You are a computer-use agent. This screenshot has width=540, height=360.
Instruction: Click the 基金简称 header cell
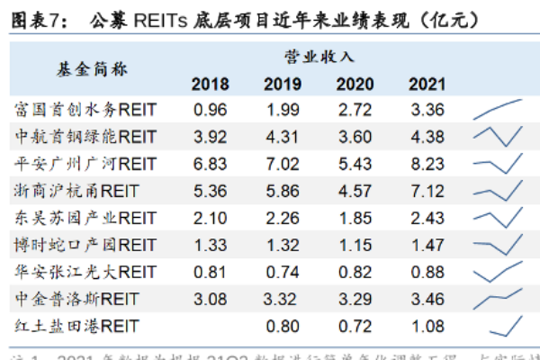coord(85,69)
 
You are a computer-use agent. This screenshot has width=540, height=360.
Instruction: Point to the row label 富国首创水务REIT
coord(86,110)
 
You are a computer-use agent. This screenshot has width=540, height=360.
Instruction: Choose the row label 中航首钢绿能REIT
coord(86,137)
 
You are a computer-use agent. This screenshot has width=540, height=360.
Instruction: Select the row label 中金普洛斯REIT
coord(80,297)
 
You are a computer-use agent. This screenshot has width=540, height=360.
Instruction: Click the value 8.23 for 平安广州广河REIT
coord(427,164)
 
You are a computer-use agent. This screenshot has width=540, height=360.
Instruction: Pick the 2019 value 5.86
coord(282,191)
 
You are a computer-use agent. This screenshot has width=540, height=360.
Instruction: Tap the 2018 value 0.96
coord(210,110)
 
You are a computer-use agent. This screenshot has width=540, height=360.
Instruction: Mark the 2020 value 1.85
coord(355,218)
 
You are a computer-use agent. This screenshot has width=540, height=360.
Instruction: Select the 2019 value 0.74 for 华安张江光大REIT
coord(282,271)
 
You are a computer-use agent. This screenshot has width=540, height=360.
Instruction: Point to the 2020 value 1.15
coord(355,245)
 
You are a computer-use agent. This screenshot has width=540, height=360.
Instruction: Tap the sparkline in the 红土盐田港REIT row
coord(508,324)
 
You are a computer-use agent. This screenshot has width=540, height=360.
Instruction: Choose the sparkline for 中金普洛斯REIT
coord(498,297)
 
